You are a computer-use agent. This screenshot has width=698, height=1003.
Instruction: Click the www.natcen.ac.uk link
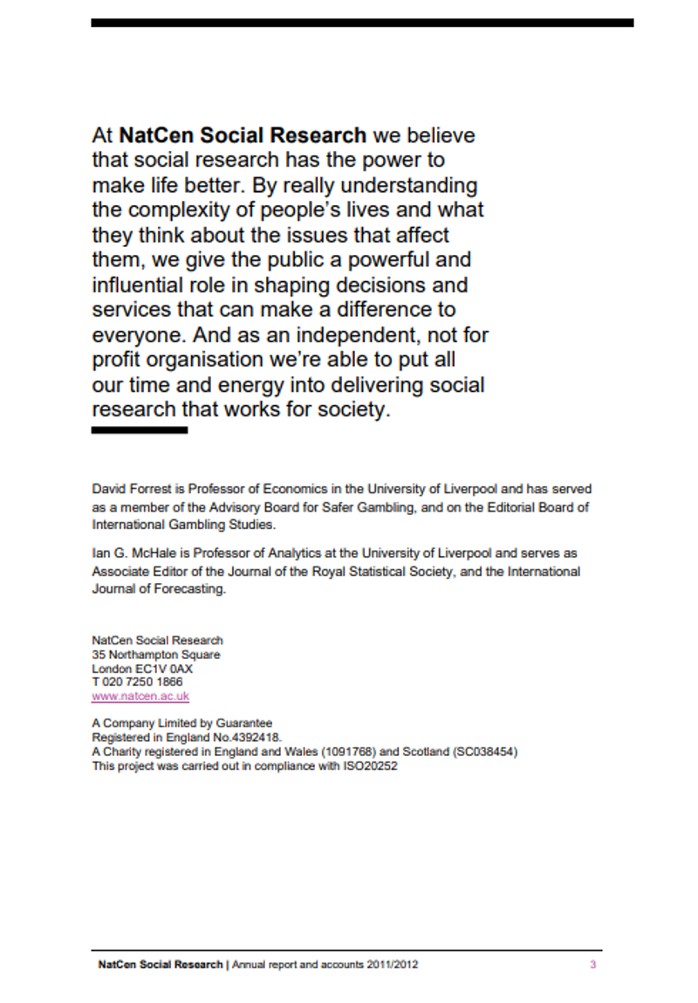[x=140, y=697]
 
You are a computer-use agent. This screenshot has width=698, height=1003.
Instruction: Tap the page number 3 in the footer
[x=592, y=965]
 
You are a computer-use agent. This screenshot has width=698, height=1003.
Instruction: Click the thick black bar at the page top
[x=362, y=23]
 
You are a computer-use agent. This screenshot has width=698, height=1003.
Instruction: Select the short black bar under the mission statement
[x=140, y=430]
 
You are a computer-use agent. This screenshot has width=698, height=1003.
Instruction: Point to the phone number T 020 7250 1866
[x=137, y=682]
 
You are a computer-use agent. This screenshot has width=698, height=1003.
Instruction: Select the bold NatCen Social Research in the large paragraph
[x=243, y=135]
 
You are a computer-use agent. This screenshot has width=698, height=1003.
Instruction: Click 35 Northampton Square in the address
[x=156, y=655]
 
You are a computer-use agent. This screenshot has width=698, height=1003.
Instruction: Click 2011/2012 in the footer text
[x=394, y=965]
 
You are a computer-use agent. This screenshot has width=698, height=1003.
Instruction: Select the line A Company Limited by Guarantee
[x=181, y=723]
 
